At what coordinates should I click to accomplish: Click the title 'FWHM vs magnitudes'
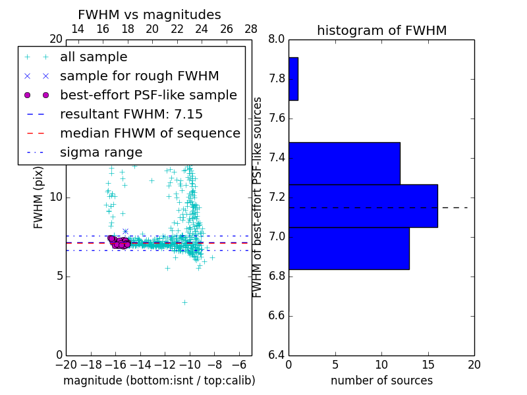point(150,14)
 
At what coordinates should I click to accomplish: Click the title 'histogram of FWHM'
point(381,30)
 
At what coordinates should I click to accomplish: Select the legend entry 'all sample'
point(94,57)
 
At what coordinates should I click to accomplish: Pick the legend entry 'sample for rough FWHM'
point(139,76)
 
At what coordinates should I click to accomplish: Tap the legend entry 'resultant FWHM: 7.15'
point(131,114)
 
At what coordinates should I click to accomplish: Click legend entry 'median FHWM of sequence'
point(150,133)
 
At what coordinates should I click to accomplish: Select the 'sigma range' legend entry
point(101,152)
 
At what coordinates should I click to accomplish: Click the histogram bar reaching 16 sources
point(363,206)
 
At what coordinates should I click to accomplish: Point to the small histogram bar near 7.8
point(293,79)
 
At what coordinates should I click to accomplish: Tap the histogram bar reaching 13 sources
point(348,248)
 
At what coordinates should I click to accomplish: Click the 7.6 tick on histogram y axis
point(276,118)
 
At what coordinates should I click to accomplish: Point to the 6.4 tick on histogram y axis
point(276,355)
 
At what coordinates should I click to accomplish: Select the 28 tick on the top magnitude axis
point(251,29)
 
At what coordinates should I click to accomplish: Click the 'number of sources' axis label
point(381,381)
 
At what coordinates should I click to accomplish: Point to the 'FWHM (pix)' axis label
point(39,197)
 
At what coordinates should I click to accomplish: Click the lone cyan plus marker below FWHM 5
point(185,302)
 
